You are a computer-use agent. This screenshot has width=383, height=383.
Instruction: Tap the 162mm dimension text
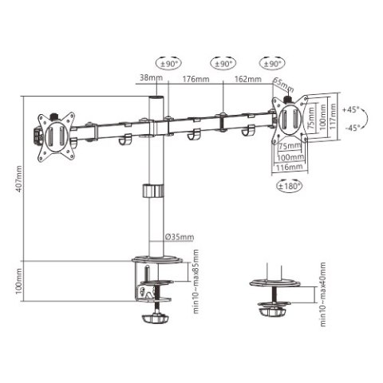247,79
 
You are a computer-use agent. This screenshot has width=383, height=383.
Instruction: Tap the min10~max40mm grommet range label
323,294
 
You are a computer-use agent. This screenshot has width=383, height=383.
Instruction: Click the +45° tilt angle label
350,109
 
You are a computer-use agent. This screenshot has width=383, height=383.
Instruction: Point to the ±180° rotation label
287,186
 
